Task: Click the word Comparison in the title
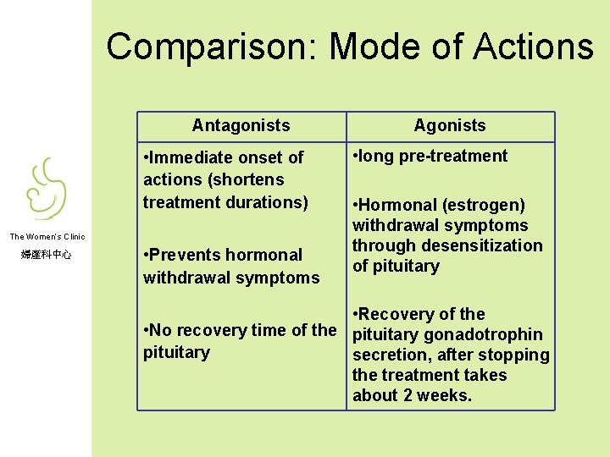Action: [x=213, y=47]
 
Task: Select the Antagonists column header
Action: [x=241, y=125]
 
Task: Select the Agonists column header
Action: [x=450, y=125]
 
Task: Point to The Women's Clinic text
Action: [x=47, y=237]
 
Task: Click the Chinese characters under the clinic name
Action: [x=47, y=253]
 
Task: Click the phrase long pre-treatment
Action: [x=433, y=156]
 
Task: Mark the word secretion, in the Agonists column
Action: [x=391, y=355]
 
